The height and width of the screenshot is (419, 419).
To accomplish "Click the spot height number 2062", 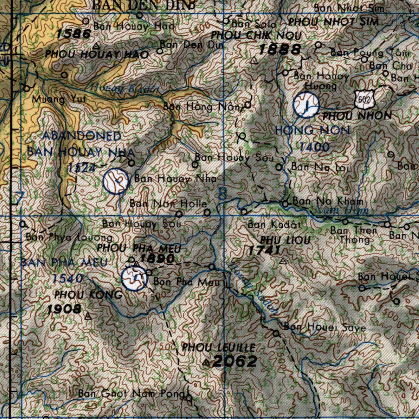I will tap(235, 361).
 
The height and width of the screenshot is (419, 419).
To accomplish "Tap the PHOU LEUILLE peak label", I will tap(219, 348).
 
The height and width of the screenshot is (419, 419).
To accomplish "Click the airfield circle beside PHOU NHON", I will tap(306, 105).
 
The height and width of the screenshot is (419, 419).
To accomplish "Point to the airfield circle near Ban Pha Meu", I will tap(134, 278).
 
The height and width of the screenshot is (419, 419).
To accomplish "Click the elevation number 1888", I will tap(280, 50).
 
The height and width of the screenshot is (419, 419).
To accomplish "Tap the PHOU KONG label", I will tap(88, 295).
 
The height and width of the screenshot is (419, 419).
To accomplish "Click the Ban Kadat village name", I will tap(274, 225).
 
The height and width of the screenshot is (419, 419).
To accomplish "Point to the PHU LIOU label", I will tap(285, 240).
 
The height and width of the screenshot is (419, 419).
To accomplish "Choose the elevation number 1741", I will tap(264, 250).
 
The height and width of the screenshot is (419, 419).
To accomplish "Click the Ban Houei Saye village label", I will tap(324, 327).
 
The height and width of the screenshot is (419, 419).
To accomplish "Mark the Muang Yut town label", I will tap(55, 99).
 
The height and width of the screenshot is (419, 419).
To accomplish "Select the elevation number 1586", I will tap(74, 34).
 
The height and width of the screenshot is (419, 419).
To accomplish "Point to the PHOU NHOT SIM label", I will tap(333, 22).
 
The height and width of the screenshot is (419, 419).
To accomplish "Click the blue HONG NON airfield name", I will tap(312, 131).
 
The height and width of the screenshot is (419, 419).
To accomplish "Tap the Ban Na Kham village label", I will tap(328, 201).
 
